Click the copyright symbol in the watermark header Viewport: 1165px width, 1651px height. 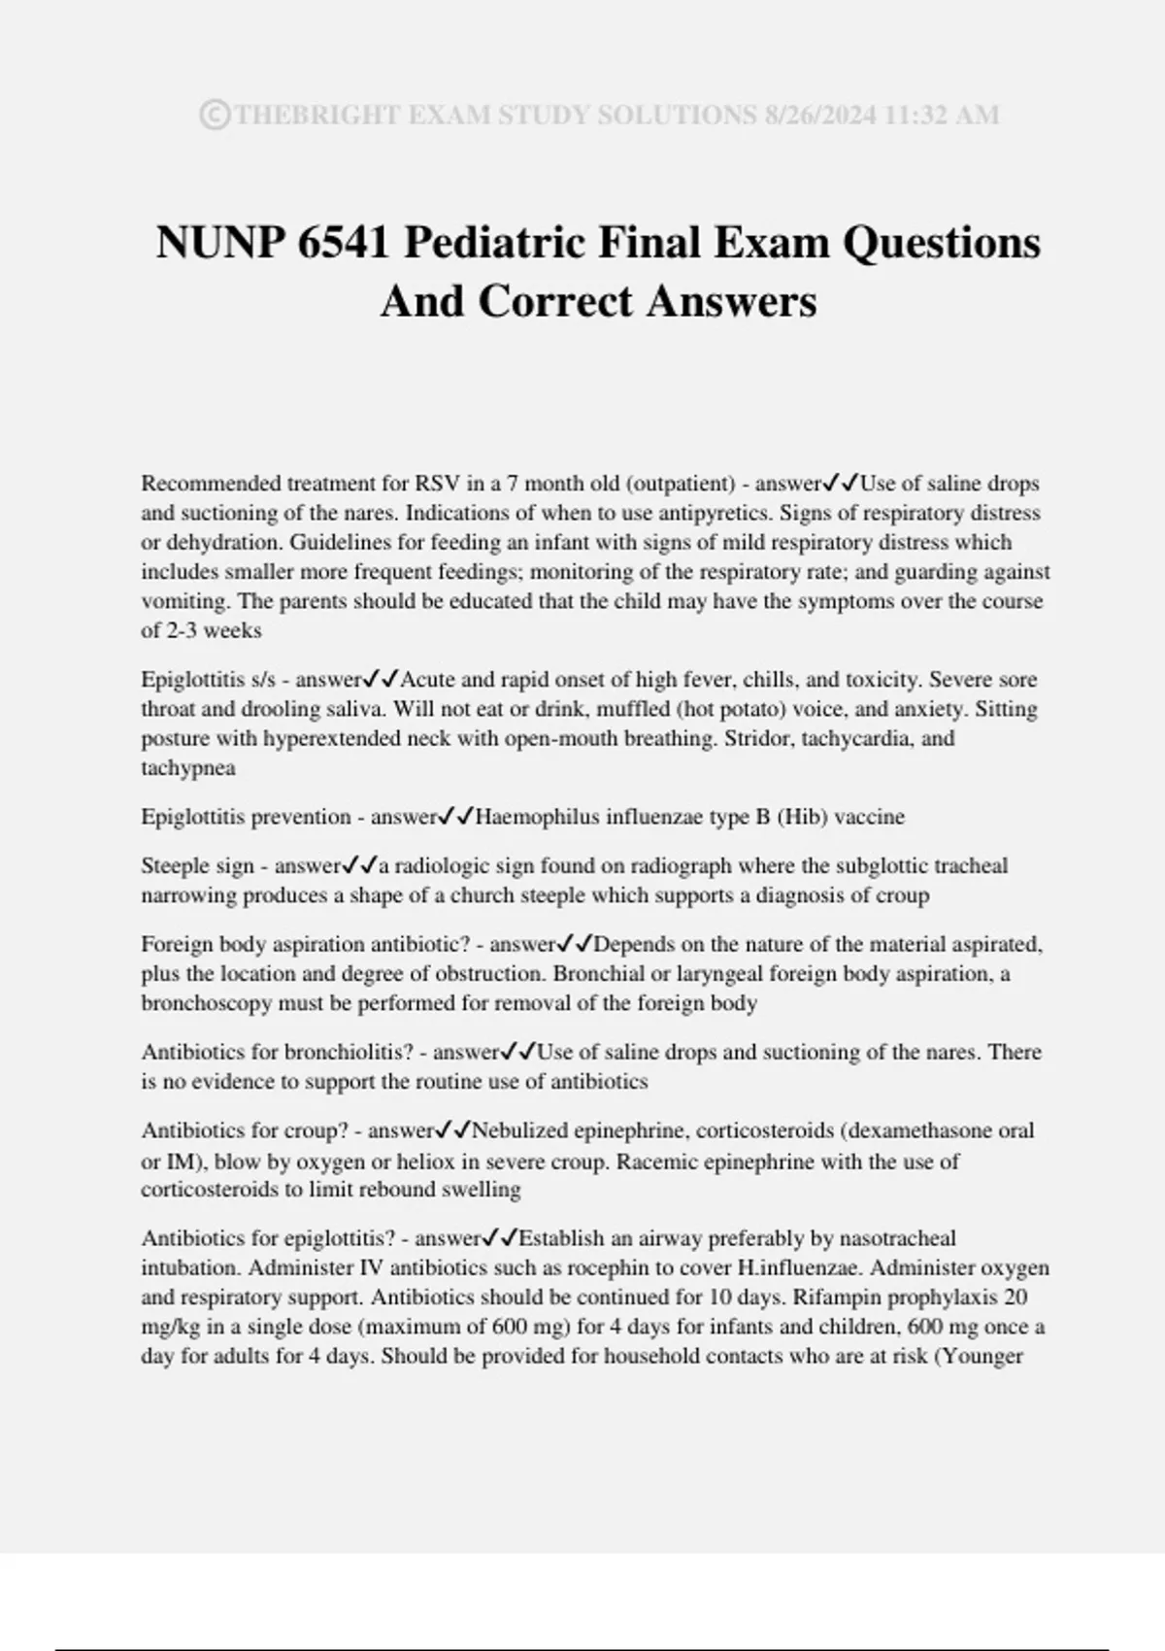(215, 116)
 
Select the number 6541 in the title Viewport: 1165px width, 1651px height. (344, 242)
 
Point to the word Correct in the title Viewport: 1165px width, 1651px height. (555, 301)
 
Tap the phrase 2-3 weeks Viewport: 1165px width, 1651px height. (213, 630)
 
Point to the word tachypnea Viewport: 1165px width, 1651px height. (188, 767)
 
